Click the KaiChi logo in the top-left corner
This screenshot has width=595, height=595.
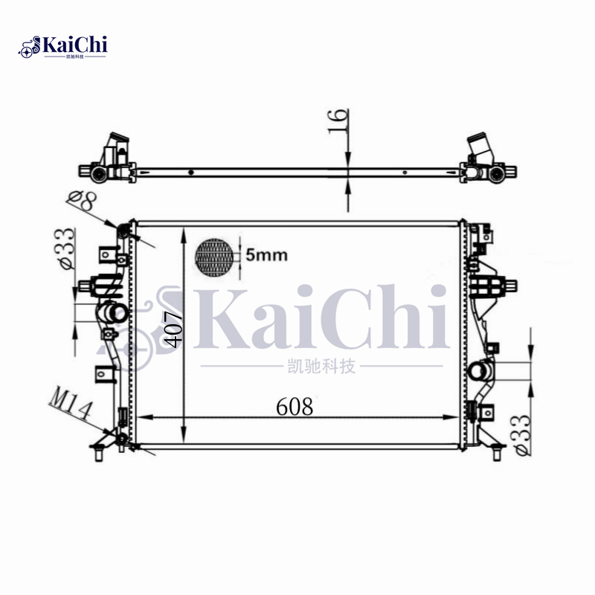tap(63, 46)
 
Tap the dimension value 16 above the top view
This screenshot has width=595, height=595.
tap(337, 122)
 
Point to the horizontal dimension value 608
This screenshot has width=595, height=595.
tap(295, 407)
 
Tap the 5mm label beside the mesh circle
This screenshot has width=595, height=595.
tap(266, 255)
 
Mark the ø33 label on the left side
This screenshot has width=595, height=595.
tap(65, 248)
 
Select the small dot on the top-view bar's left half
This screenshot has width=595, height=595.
tap(191, 173)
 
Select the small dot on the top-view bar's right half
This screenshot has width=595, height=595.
tap(405, 173)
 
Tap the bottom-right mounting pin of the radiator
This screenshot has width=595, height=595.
tap(498, 450)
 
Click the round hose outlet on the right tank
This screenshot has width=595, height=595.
tap(479, 369)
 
